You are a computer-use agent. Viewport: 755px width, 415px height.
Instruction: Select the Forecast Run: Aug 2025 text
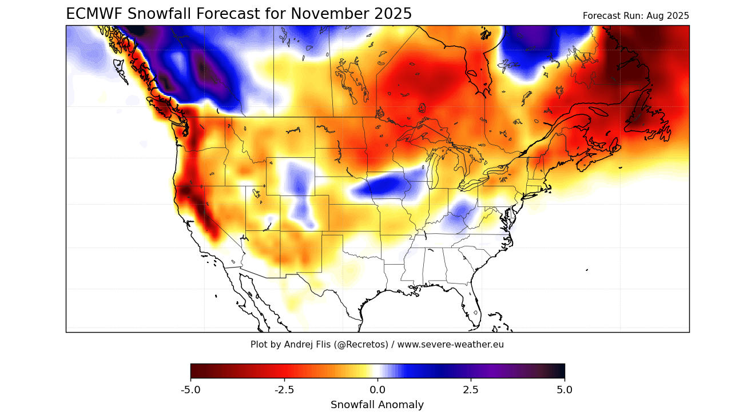[635, 16]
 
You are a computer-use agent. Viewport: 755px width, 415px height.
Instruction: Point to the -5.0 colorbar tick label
[190, 390]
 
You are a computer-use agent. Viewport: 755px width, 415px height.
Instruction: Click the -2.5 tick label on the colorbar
[284, 390]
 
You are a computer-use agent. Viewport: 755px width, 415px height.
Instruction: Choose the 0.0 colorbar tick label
[378, 390]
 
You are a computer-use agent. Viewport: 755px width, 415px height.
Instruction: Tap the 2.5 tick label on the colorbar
[471, 390]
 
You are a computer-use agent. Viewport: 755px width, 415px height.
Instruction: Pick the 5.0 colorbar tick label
[565, 390]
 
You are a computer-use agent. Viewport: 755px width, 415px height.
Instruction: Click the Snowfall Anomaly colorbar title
[378, 405]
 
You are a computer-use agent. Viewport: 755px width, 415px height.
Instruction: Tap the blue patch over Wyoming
[298, 177]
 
